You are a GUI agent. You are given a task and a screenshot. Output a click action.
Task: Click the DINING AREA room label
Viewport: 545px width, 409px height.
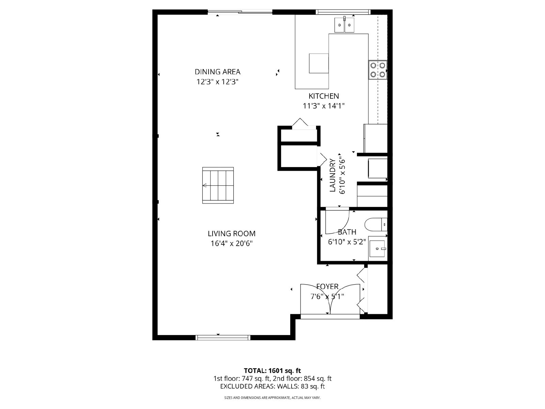click(x=218, y=72)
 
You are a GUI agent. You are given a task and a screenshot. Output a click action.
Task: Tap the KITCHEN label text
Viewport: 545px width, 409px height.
click(x=324, y=96)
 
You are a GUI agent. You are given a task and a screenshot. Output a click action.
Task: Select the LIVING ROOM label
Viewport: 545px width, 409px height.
click(x=231, y=234)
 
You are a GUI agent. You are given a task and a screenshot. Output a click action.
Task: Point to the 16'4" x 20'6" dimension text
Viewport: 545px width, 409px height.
click(x=231, y=244)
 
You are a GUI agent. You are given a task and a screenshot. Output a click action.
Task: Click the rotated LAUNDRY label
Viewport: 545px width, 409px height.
click(x=332, y=175)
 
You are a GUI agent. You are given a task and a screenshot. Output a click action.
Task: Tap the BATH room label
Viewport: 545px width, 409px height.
click(x=347, y=232)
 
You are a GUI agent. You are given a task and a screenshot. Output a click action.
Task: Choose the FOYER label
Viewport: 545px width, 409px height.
click(x=327, y=287)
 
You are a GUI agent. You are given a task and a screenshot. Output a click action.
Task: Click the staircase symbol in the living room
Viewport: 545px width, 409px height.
click(x=218, y=185)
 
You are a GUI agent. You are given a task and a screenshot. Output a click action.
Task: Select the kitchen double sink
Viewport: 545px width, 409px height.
click(x=344, y=25)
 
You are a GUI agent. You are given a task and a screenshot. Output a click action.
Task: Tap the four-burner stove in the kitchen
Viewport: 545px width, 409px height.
click(x=378, y=70)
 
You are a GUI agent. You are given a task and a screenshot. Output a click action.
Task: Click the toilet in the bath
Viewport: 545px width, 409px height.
click(x=376, y=225)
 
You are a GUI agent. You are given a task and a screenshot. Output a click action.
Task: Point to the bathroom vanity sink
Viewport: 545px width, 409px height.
click(x=377, y=248)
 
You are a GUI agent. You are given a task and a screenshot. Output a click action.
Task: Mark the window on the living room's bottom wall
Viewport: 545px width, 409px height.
click(x=223, y=337)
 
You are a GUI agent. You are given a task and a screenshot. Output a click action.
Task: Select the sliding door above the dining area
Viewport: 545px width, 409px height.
click(x=240, y=12)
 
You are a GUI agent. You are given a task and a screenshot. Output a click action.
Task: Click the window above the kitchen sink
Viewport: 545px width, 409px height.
click(x=343, y=12)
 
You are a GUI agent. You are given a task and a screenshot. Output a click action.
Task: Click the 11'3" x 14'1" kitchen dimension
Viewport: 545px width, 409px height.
click(x=324, y=106)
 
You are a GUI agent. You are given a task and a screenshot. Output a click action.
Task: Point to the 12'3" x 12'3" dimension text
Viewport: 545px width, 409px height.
click(x=218, y=82)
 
